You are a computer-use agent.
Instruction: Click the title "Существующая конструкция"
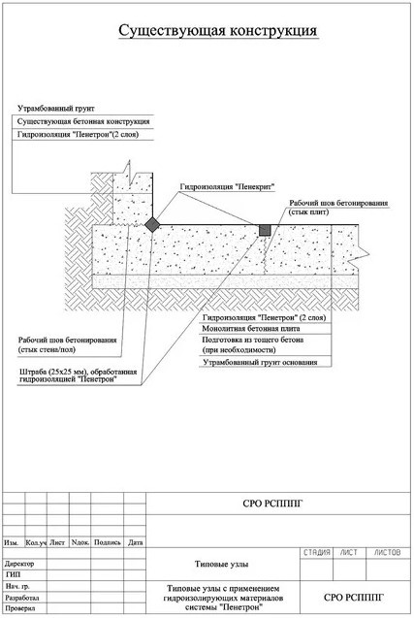point(218,31)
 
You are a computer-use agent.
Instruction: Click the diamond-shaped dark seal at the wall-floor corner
point(152,225)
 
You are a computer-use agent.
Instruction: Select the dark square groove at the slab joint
point(265,230)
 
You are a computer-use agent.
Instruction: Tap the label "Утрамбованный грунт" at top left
point(56,109)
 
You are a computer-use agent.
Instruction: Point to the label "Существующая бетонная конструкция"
point(83,121)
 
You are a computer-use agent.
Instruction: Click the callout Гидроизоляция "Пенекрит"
point(227,187)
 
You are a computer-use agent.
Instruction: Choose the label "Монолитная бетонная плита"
point(251,328)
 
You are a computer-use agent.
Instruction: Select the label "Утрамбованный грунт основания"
point(260,362)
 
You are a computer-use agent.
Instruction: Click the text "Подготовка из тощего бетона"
point(252,340)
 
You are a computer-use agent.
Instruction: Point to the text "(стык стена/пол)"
point(47,349)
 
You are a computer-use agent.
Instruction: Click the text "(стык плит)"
point(309,212)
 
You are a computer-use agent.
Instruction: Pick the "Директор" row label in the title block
point(19,564)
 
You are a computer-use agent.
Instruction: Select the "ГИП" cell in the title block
point(13,574)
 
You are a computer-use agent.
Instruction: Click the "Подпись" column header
point(108,542)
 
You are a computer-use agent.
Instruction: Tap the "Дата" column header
point(135,542)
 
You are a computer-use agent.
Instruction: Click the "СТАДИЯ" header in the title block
point(317,553)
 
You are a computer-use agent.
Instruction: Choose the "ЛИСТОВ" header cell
point(387,553)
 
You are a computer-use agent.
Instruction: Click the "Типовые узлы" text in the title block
point(221,564)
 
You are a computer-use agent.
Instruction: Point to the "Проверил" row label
point(20,608)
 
